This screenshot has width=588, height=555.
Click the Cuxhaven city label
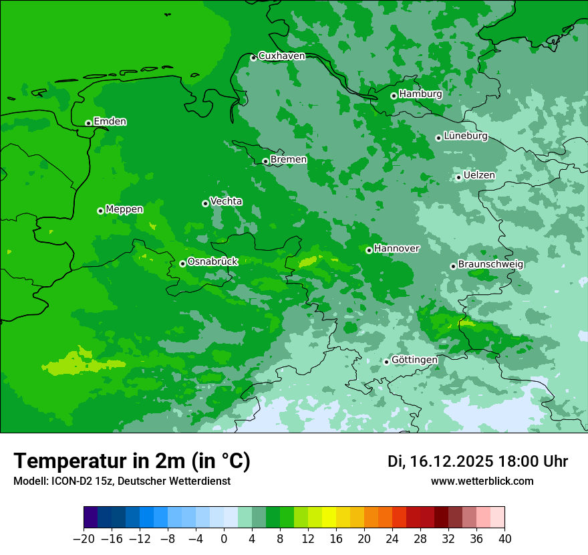(281, 56)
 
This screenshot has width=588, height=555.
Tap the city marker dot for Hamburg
(394, 96)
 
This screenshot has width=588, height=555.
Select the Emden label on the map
(110, 122)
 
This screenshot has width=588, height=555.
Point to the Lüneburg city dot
(438, 138)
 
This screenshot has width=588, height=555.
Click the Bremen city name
(289, 160)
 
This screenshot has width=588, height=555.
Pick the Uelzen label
(479, 176)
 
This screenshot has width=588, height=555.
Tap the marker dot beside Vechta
(205, 203)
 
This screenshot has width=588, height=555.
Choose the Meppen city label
(124, 209)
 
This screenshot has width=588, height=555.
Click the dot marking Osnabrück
(182, 263)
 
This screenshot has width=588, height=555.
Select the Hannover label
(396, 249)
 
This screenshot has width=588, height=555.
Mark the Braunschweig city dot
(453, 266)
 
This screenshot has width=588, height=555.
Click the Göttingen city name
(414, 360)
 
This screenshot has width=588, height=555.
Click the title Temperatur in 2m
(132, 461)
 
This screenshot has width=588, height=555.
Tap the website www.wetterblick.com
(482, 481)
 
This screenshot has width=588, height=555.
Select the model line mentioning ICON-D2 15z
(122, 481)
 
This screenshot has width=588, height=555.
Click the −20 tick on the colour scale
(84, 539)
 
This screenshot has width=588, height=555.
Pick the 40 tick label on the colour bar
(504, 539)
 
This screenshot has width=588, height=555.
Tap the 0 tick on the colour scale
(224, 539)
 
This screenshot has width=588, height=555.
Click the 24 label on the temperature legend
(392, 539)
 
